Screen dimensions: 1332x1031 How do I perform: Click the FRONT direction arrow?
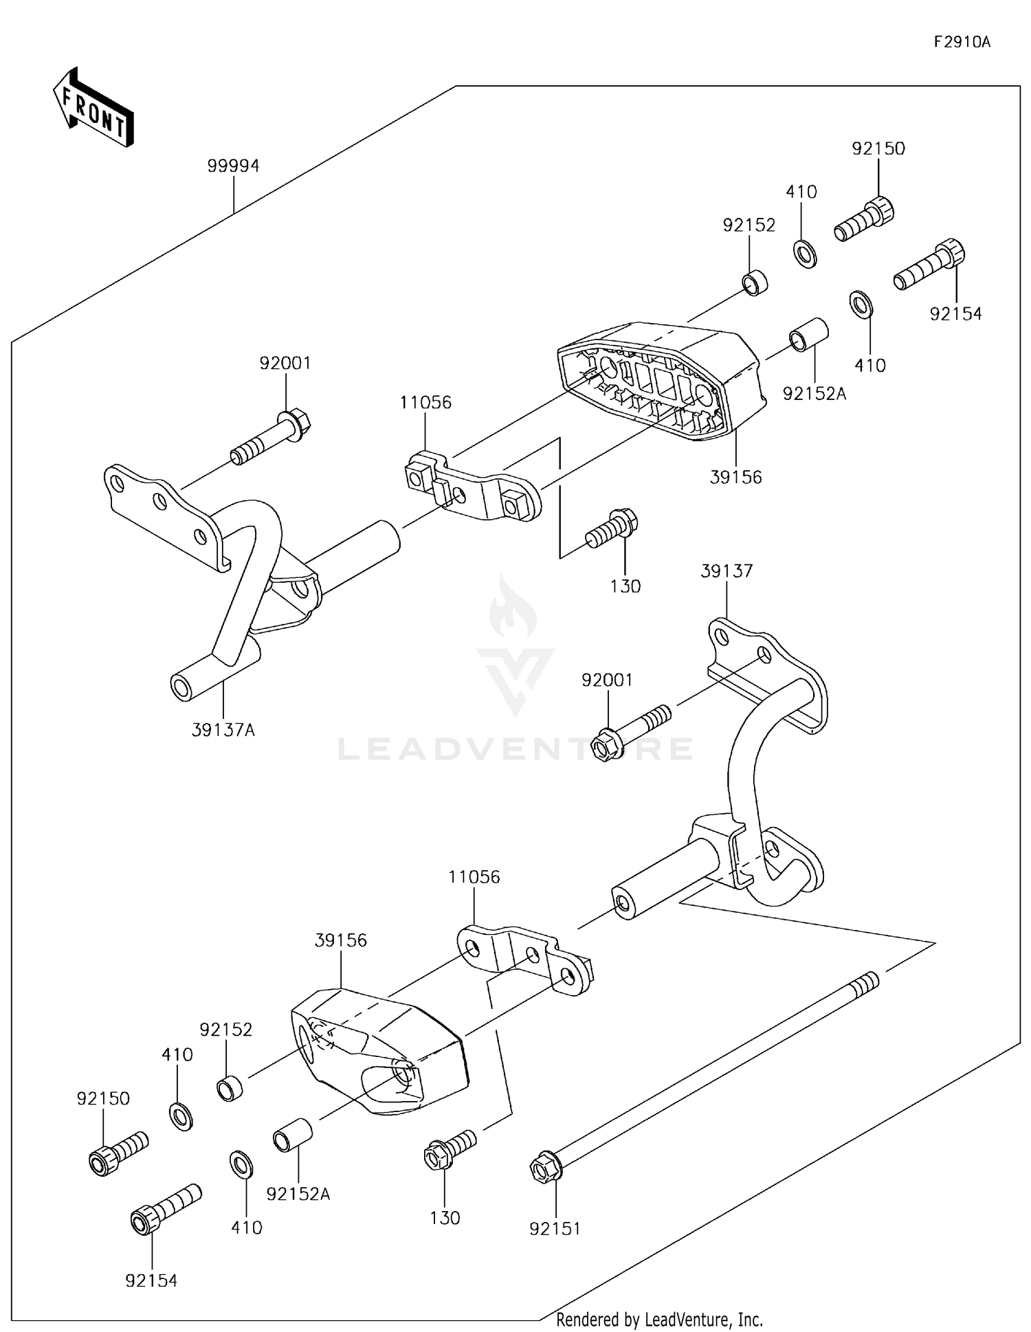93,109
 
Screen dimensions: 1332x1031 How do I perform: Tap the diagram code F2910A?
962,43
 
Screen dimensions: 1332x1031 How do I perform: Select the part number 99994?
234,166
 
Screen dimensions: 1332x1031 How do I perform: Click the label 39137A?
223,731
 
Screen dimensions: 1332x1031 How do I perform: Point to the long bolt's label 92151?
555,1228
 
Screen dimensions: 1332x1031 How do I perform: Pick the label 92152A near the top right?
814,394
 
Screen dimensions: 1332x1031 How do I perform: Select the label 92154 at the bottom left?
151,1280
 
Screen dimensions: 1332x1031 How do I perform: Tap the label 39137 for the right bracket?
727,571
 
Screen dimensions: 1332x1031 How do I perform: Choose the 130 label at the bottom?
445,1218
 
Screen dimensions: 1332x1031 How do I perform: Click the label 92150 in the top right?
878,148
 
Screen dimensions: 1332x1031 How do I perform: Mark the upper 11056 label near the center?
425,403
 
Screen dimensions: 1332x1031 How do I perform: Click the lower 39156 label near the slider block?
341,940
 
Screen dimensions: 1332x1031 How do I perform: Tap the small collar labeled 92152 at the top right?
755,282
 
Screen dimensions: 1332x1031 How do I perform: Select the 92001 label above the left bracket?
285,363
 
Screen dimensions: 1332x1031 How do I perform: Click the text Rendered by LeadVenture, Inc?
659,1320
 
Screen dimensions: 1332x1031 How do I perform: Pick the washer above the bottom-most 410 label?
241,1164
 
